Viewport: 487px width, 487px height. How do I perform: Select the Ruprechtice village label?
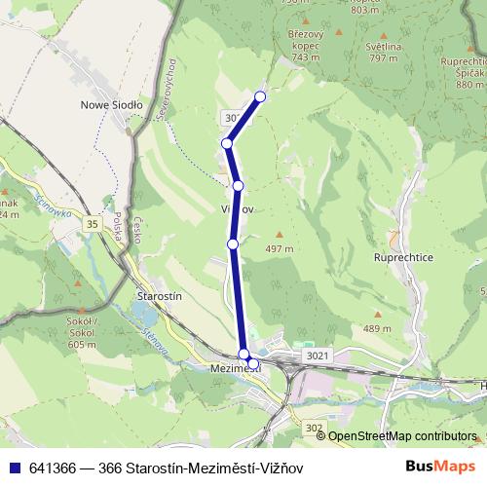[403, 258]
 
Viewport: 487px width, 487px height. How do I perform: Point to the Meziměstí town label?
[235, 369]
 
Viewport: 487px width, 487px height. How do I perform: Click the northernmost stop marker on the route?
[260, 96]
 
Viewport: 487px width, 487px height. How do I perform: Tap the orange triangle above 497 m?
[281, 234]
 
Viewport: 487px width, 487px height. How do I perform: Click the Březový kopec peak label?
[304, 44]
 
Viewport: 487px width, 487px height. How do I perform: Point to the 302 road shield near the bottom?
[313, 427]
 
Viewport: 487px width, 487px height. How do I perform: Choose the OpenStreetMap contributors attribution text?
[402, 436]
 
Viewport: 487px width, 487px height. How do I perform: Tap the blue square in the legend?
[11, 467]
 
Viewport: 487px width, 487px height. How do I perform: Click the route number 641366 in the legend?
[50, 467]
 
